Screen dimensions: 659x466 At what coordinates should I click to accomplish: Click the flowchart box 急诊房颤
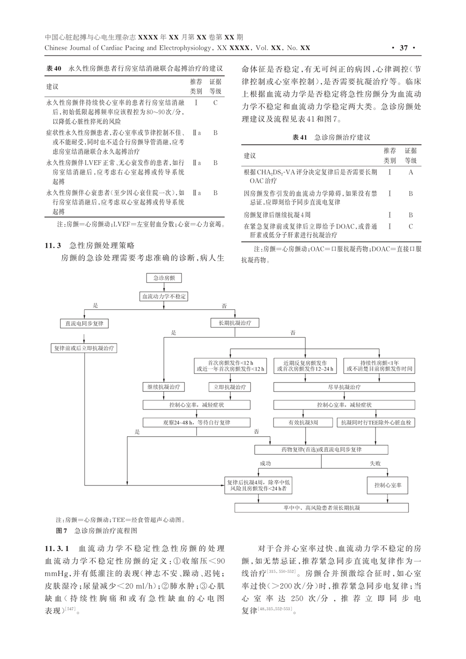164,278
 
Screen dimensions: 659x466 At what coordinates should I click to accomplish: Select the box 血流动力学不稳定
164,296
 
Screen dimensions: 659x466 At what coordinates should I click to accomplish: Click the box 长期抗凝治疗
235,323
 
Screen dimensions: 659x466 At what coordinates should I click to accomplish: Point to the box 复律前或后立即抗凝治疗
84,348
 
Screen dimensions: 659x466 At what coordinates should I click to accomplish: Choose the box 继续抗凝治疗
163,387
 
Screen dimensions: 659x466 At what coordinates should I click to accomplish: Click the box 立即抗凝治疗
230,387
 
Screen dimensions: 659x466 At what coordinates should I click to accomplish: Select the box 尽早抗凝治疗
344,387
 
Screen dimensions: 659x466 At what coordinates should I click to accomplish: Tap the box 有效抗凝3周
303,422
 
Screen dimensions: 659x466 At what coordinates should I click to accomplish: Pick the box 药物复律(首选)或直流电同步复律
321,450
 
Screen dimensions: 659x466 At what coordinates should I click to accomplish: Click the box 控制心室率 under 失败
387,485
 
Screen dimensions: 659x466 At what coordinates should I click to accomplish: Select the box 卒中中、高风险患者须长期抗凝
321,508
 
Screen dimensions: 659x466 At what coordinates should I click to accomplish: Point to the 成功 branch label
265,463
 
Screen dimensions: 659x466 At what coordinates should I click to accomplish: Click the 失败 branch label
375,463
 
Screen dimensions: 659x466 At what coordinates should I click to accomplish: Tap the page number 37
403,48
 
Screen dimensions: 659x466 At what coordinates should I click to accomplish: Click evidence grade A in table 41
411,172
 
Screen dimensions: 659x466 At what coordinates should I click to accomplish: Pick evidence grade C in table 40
215,103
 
